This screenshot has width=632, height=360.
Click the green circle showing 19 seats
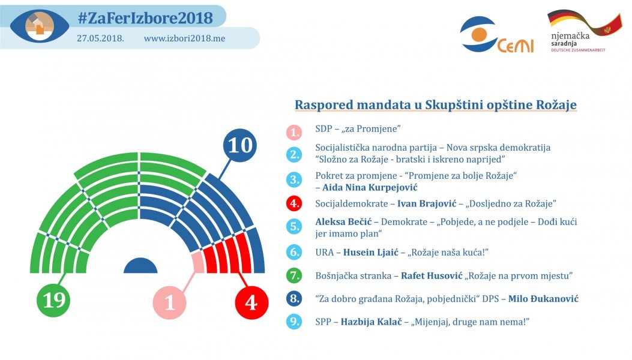(54, 299)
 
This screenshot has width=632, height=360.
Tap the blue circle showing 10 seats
(239, 146)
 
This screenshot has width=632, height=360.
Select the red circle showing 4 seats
(251, 302)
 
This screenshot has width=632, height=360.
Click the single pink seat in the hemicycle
(197, 263)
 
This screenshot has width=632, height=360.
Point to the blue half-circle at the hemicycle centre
(140, 266)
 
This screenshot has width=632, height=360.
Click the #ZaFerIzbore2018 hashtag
(145, 18)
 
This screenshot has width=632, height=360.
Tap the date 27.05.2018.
(100, 38)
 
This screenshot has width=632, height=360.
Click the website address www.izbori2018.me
(184, 38)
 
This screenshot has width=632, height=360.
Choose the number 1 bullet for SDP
(293, 131)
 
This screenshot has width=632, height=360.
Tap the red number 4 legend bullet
(293, 204)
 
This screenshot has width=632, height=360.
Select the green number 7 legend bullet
(293, 276)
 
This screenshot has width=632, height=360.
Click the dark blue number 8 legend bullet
(293, 298)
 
